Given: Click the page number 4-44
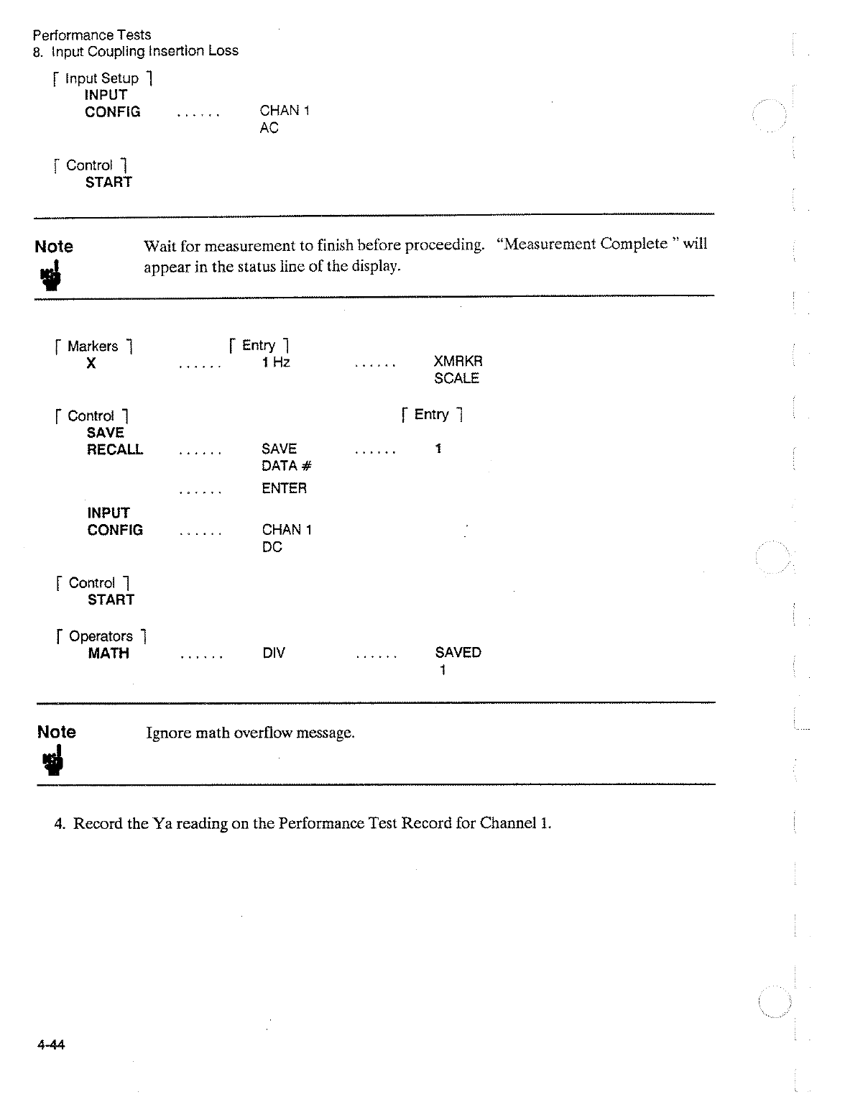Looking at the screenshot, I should [51, 1045].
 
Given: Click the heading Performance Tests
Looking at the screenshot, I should [92, 35].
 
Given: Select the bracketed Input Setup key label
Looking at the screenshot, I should [101, 78].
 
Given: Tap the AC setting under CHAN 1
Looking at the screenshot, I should [269, 128].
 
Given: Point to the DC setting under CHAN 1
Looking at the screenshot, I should [272, 547].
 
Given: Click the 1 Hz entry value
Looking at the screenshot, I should [276, 362].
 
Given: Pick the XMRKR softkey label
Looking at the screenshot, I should [458, 362].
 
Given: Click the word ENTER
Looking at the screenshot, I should [284, 488].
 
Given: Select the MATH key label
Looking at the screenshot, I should [108, 653].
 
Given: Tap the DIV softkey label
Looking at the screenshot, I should [273, 653].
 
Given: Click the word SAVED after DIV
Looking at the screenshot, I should [458, 653].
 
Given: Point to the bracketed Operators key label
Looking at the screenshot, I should [101, 636].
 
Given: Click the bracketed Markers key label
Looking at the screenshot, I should [92, 347].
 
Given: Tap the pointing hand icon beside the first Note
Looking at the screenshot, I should [50, 275].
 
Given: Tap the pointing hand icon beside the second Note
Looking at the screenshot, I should [52, 761].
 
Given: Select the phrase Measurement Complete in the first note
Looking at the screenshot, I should [586, 244].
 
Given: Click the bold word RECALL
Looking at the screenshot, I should [115, 450].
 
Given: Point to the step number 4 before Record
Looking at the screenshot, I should [60, 823].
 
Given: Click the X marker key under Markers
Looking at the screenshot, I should [91, 364].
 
